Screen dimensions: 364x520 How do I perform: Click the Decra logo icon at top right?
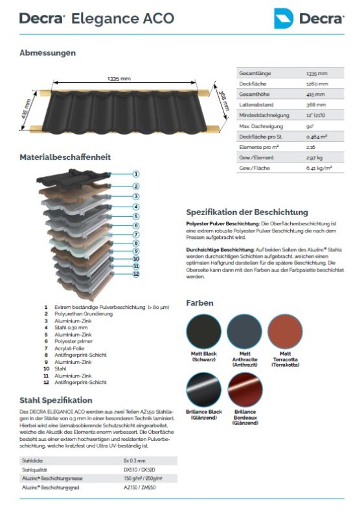(283, 18)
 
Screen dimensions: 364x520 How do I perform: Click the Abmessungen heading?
(47, 52)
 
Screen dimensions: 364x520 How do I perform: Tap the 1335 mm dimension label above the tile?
(118, 79)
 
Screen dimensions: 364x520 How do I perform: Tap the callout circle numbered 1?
(136, 174)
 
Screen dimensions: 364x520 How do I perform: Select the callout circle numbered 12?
(136, 275)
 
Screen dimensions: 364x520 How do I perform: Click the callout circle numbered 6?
(136, 225)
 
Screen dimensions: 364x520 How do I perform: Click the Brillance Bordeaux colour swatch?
(245, 390)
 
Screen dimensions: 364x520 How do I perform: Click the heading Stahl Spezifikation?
(56, 400)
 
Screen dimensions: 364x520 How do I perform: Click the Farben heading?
(199, 303)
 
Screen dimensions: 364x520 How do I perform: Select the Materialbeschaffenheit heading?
(65, 157)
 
